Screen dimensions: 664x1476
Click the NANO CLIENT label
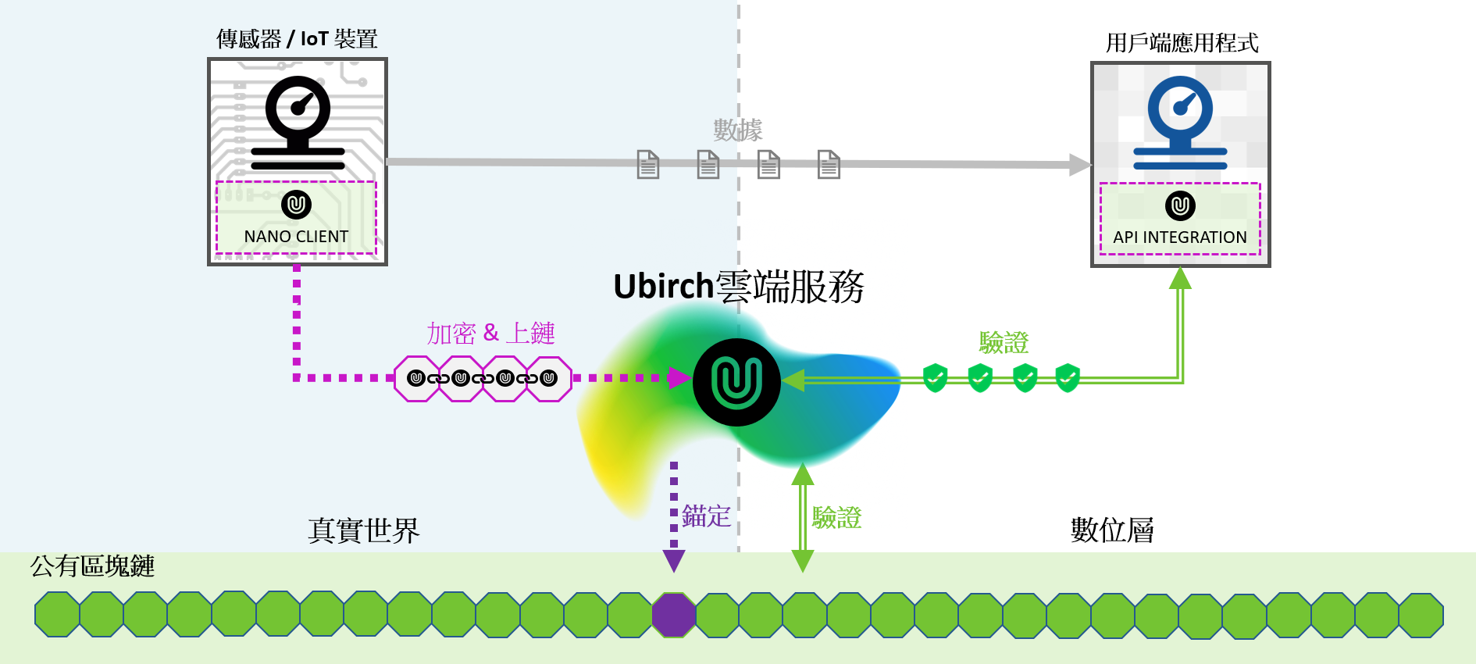296,236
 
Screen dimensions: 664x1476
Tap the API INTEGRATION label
1179,237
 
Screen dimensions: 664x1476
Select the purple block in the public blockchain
673,615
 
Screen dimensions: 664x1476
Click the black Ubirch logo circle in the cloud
736,382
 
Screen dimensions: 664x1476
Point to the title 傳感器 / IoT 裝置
297,38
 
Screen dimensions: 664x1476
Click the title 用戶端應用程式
1182,42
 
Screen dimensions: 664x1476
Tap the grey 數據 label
737,129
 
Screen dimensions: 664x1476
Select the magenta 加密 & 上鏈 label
490,333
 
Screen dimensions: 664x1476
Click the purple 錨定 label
706,516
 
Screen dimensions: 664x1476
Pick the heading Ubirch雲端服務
738,287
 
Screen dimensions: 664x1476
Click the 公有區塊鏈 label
92,566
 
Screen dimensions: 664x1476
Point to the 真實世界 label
363,530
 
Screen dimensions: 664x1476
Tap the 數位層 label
1112,530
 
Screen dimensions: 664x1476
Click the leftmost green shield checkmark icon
935,377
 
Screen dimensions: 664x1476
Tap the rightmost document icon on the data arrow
829,164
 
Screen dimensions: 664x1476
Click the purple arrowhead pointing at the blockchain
673,560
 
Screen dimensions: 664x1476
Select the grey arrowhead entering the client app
1080,164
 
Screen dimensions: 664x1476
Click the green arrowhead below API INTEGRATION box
1180,278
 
